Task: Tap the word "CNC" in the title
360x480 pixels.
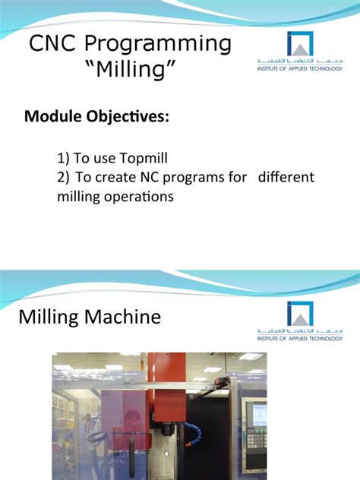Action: [55, 44]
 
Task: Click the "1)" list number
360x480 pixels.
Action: [64, 159]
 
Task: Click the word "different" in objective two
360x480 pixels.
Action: [286, 177]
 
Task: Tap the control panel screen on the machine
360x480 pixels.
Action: [258, 414]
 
